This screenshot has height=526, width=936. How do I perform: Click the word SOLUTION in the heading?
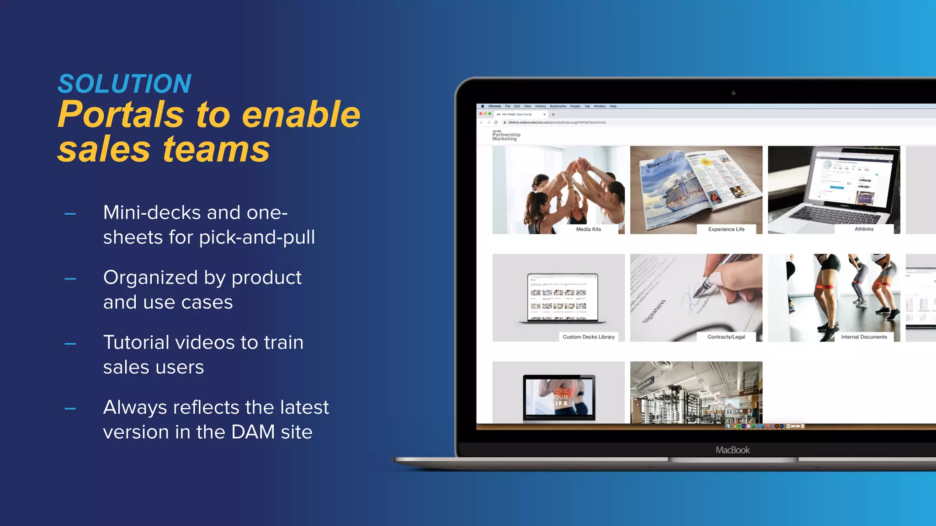tap(124, 84)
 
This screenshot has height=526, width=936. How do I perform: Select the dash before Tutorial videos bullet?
tap(70, 344)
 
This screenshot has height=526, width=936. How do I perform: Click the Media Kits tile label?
tap(588, 229)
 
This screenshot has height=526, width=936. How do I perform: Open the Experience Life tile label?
tap(726, 229)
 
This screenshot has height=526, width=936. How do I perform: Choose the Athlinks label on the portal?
tap(863, 229)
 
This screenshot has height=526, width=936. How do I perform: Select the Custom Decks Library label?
tap(588, 337)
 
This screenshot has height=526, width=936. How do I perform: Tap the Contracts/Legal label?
tap(726, 337)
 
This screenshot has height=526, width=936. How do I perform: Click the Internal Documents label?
tap(863, 337)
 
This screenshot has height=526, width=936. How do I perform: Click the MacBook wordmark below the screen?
tap(732, 450)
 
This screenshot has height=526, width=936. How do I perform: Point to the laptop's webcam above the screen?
tap(733, 93)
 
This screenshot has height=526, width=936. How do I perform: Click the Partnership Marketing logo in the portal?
tap(506, 136)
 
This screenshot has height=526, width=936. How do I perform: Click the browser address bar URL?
tap(557, 122)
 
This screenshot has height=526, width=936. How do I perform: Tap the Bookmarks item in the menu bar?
tap(558, 106)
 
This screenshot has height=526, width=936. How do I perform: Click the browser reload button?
tap(495, 122)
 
